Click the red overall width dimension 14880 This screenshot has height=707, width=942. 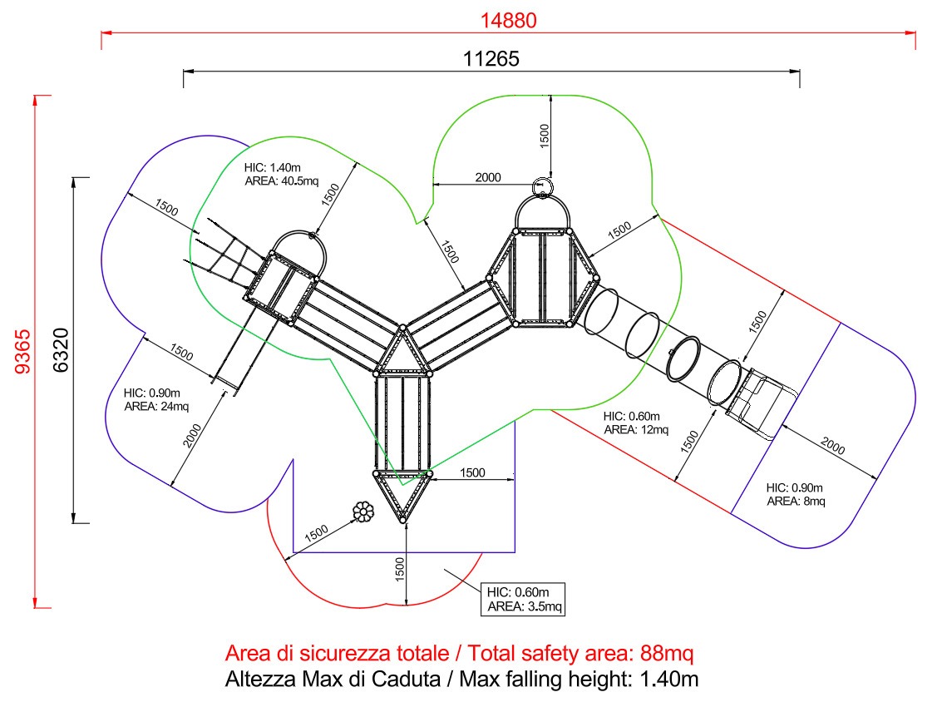(508, 21)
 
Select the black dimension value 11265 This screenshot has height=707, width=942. (491, 59)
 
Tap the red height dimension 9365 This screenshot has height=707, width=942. (22, 352)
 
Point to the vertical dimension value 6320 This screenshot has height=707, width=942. (62, 350)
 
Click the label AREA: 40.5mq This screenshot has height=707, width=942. (282, 181)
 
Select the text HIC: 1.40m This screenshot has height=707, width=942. (272, 168)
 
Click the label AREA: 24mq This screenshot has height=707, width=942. (156, 407)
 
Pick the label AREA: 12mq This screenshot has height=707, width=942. (636, 430)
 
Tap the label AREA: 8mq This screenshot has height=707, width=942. (796, 502)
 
